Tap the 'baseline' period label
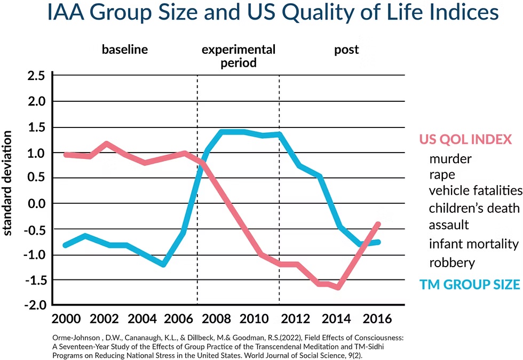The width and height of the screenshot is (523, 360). click(124, 50)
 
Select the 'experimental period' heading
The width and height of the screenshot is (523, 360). click(238, 56)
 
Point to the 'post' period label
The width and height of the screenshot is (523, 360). click(346, 50)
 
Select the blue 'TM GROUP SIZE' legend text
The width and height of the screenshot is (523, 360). click(470, 284)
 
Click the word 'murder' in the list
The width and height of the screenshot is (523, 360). click(450, 158)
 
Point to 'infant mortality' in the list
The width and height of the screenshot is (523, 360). click(473, 244)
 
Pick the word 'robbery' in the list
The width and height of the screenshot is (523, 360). click(451, 262)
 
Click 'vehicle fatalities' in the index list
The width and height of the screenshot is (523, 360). click(475, 190)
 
